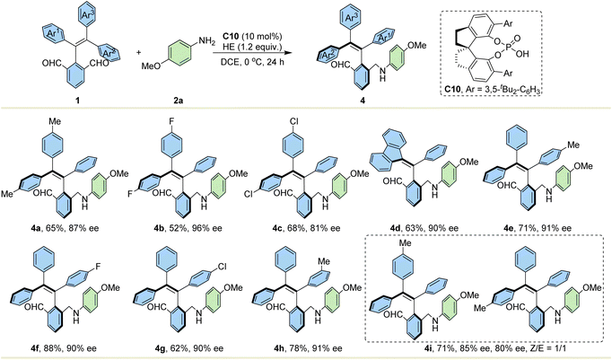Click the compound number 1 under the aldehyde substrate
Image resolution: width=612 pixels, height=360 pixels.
tap(78, 100)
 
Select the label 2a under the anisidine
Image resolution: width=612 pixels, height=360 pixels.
tap(179, 100)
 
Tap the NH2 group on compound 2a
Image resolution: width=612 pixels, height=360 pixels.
tap(206, 40)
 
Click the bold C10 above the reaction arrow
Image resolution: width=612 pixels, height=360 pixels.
tap(232, 36)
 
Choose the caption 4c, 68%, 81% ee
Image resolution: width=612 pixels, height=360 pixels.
tap(310, 228)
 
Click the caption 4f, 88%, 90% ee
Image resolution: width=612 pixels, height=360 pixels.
tap(66, 348)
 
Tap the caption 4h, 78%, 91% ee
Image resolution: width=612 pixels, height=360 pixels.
tap(312, 348)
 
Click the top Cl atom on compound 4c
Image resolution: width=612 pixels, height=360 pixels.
tap(294, 122)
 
